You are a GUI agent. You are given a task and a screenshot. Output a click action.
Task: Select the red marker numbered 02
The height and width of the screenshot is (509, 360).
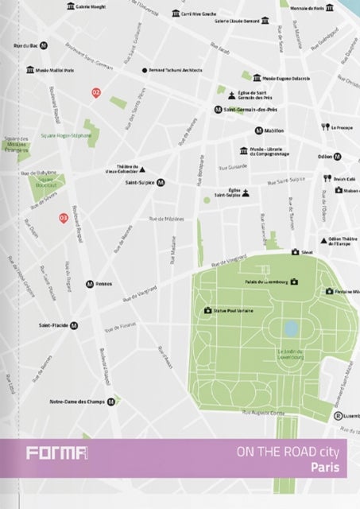[x=97, y=93]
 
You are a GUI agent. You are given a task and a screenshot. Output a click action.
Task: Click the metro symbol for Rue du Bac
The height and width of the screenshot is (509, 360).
[x=44, y=45]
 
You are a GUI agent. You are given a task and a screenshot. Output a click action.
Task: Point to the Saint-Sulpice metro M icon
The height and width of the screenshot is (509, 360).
[x=161, y=182]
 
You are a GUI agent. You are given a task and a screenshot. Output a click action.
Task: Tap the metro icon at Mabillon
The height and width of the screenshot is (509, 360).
[x=258, y=130]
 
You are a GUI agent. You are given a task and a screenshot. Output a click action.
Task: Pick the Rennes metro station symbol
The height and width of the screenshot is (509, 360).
[x=91, y=284]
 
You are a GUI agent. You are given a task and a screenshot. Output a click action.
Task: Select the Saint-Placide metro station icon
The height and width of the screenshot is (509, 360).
[x=74, y=325]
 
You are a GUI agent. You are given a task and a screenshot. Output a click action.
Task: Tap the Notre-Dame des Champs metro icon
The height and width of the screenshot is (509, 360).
[x=112, y=402]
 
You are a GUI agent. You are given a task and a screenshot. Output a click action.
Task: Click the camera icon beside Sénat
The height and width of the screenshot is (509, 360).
[x=296, y=252]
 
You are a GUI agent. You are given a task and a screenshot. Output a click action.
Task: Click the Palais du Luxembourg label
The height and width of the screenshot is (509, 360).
[x=265, y=282]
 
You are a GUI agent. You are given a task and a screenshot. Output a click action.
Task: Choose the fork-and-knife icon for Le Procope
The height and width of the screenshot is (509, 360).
[x=324, y=127]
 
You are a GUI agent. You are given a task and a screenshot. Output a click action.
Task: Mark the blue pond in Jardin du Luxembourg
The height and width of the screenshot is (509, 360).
[x=292, y=328]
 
